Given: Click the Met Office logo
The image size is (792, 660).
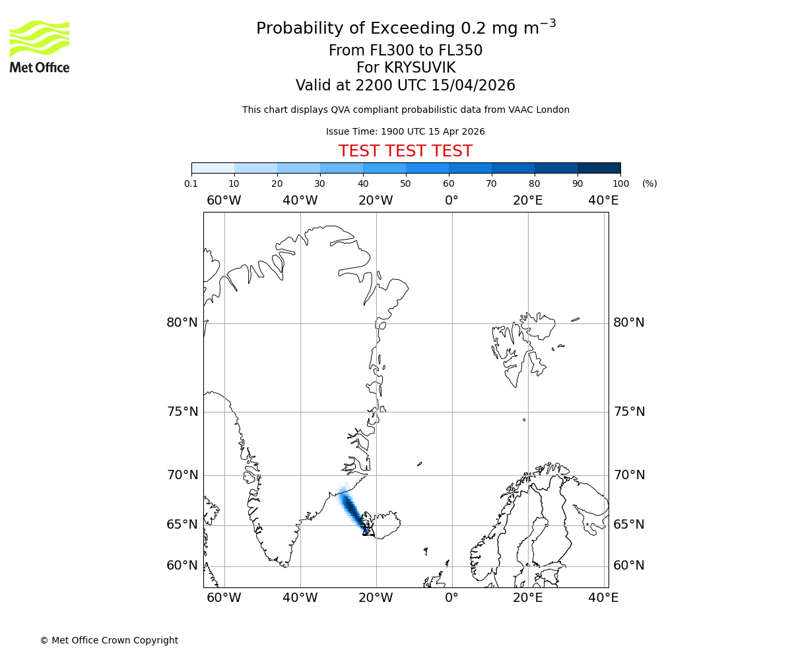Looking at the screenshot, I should (x=40, y=46).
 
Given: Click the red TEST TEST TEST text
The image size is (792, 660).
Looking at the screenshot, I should (x=405, y=152).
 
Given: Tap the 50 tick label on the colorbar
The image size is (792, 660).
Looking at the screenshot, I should (x=405, y=183).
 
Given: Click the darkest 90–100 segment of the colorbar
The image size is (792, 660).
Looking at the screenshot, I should (x=599, y=168).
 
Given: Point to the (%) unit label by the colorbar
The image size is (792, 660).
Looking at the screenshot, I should (x=649, y=183).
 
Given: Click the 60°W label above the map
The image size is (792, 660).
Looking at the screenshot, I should (x=224, y=201).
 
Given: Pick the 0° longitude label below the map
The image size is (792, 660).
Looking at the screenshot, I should (x=451, y=598).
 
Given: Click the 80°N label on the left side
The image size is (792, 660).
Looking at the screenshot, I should (x=182, y=323).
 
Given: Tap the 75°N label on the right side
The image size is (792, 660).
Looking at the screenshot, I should (x=629, y=412).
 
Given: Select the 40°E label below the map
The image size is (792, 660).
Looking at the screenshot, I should (x=603, y=598).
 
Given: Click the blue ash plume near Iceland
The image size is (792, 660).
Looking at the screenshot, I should (x=350, y=509).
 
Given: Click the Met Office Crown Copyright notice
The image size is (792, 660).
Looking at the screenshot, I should (x=109, y=640).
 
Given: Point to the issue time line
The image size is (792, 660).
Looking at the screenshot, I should (x=405, y=131).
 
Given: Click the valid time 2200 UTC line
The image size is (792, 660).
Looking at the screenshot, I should (x=405, y=86).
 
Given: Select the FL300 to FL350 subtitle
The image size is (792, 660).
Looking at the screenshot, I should (x=405, y=51).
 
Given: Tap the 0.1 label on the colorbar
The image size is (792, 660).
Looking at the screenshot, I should (x=191, y=183).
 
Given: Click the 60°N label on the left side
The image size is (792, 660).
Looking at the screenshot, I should (x=182, y=566).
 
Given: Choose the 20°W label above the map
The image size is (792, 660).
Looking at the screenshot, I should (x=376, y=201).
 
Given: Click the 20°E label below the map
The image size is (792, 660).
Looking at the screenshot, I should (x=527, y=598).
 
